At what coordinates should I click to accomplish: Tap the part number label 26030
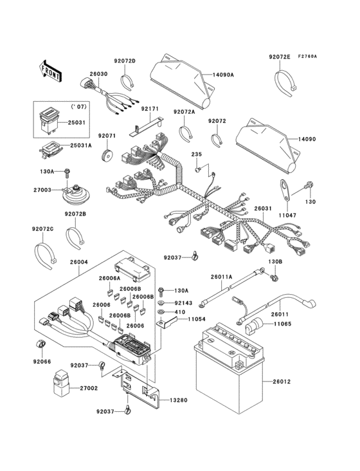(x=98, y=73)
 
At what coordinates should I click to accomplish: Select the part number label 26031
(x=263, y=209)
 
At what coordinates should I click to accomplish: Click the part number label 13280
(x=179, y=400)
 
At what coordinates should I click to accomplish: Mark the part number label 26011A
(x=222, y=277)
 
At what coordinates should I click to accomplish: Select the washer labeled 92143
(x=161, y=302)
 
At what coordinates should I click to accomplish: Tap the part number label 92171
(x=150, y=109)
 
